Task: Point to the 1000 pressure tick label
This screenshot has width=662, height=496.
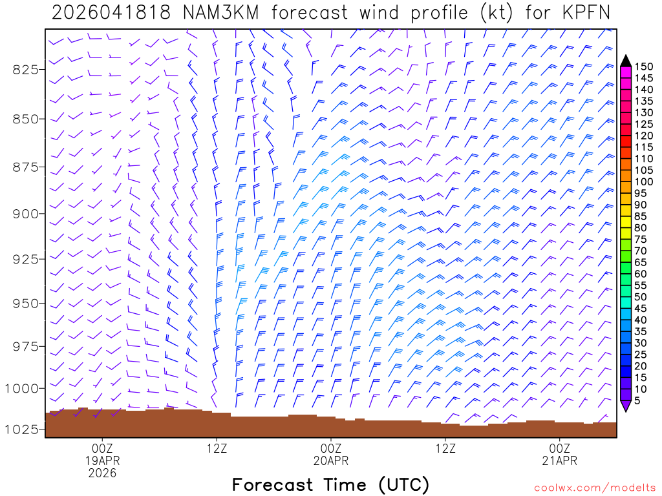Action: (23, 388)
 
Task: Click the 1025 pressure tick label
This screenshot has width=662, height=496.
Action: (23, 429)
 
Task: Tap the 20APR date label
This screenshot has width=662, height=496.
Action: (331, 460)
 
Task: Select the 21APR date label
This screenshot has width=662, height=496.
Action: (560, 460)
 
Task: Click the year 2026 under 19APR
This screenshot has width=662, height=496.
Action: (103, 473)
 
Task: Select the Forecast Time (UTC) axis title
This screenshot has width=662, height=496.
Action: (330, 484)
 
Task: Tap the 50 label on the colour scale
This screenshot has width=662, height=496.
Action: (642, 296)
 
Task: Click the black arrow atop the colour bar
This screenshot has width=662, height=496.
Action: (625, 60)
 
